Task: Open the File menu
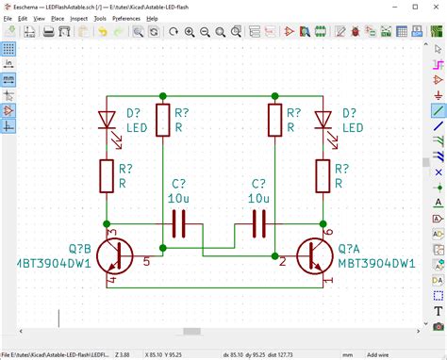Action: coord(8,18)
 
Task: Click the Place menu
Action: coord(58,18)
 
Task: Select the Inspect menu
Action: coord(85,18)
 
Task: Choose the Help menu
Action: coord(152,18)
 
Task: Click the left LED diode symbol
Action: coord(107,121)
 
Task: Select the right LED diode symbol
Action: coord(323,121)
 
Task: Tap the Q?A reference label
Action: coord(356,250)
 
